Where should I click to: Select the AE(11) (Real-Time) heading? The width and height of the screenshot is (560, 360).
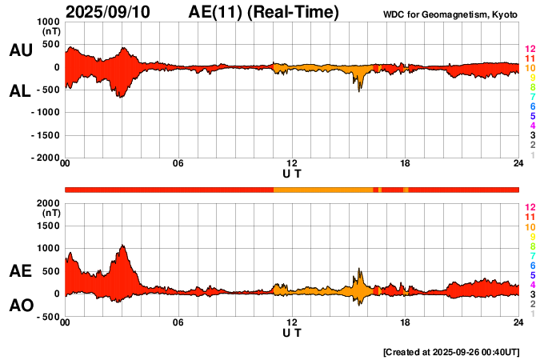click(264, 13)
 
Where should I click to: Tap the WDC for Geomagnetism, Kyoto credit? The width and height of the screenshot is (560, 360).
click(450, 14)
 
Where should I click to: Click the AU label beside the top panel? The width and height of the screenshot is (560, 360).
click(21, 50)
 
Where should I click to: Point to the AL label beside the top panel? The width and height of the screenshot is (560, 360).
click(21, 91)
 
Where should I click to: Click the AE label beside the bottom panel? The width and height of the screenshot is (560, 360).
click(21, 271)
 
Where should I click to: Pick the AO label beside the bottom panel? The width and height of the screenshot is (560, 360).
click(21, 306)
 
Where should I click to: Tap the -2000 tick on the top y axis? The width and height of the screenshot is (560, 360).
click(46, 158)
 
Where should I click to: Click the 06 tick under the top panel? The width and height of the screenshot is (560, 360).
click(178, 164)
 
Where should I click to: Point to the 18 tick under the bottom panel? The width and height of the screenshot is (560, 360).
click(406, 322)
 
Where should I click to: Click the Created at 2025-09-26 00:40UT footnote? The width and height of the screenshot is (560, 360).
click(451, 352)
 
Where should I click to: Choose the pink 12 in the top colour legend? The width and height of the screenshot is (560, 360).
click(530, 50)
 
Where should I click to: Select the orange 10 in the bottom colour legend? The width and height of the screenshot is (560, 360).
click(530, 226)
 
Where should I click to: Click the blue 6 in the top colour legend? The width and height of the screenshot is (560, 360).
click(532, 106)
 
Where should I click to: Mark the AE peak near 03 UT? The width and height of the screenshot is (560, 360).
click(122, 246)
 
